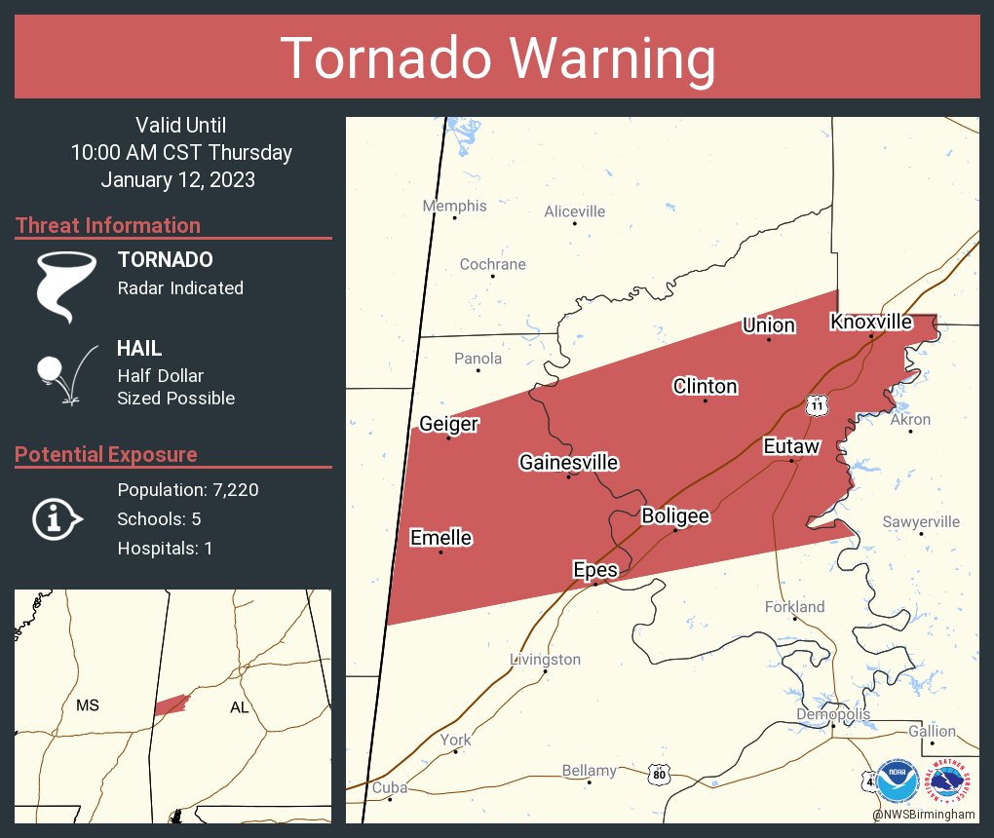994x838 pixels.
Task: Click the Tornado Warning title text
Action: tap(497, 58)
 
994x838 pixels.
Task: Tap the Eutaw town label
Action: tap(790, 446)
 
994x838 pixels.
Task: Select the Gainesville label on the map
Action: tap(568, 462)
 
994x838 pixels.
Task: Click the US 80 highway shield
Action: tap(660, 775)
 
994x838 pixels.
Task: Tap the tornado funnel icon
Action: tap(65, 286)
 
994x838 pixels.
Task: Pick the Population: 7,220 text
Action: tap(188, 490)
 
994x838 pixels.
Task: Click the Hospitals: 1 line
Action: tap(165, 549)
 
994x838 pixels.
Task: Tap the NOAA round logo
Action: tap(898, 781)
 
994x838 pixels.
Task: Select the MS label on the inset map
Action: tap(88, 705)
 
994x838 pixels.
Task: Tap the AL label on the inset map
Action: tap(240, 707)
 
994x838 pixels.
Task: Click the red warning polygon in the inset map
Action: tap(171, 704)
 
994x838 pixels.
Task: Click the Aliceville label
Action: tap(574, 211)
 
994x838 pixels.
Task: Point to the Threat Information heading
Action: tap(108, 225)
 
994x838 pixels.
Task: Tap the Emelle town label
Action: tap(440, 538)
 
